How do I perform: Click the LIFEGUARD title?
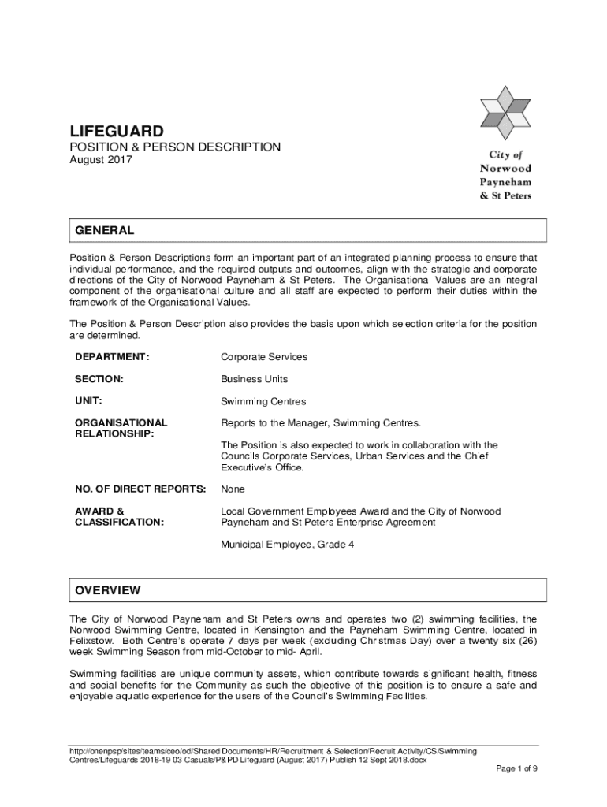117,130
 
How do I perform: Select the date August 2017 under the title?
101,160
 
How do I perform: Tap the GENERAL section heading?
104,231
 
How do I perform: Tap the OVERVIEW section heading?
107,590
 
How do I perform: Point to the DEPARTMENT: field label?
112,357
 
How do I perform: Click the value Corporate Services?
264,357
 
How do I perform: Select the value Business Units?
255,379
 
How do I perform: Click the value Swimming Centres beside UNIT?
263,401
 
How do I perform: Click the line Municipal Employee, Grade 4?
288,544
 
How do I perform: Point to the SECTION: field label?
99,379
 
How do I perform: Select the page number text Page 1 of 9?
516,768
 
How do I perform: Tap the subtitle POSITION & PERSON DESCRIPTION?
175,147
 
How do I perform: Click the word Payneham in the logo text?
505,182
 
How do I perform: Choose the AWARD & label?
99,511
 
